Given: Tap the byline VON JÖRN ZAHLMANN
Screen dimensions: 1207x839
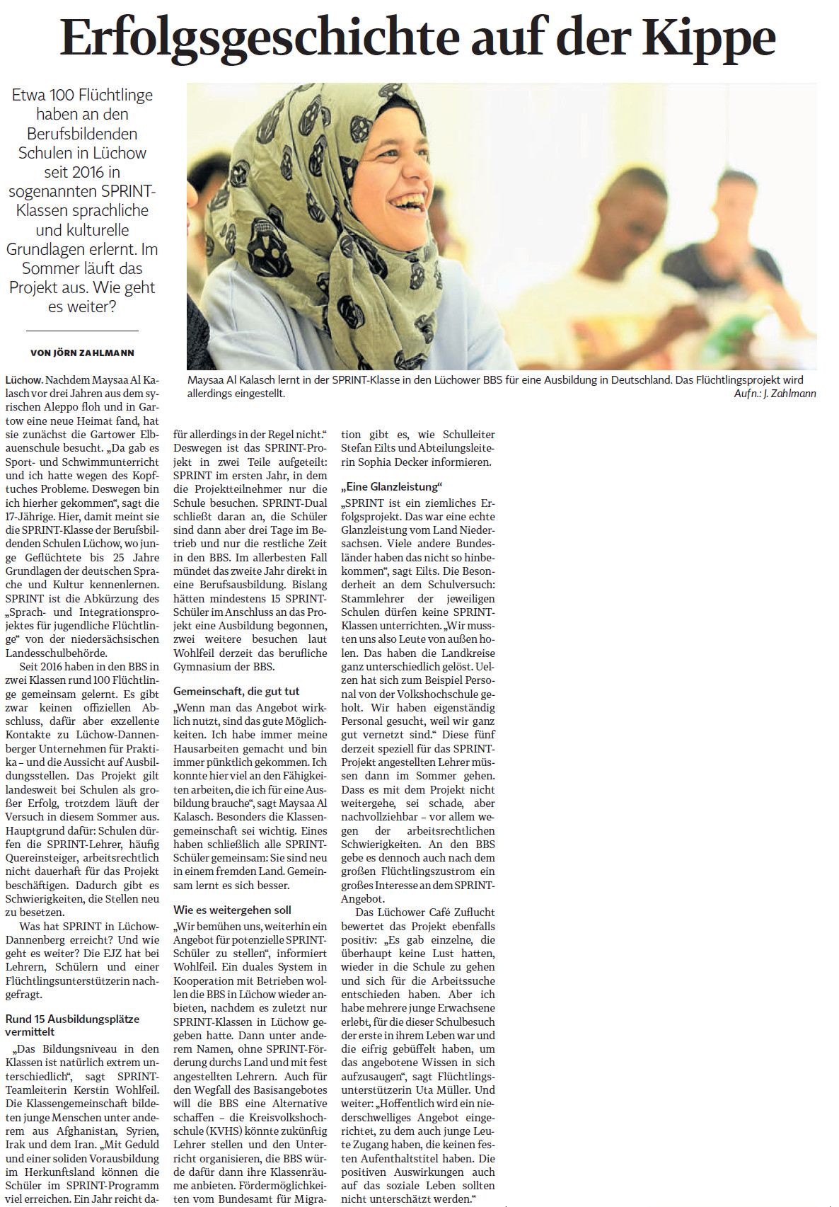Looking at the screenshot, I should coord(82,353).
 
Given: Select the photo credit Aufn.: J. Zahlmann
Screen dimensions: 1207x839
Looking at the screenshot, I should coord(775,394).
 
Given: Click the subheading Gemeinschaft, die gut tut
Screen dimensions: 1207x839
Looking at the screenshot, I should coord(236,691).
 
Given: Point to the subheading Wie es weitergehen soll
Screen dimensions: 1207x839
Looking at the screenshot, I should coord(232,910).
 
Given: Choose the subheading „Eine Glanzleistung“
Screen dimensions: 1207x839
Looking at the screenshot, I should coord(391,486).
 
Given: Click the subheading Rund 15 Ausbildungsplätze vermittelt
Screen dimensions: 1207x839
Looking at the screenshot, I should coord(72,1025).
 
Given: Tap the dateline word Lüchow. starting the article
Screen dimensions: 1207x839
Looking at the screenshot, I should coord(24,380).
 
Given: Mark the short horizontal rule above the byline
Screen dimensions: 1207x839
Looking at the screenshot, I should coord(82,331).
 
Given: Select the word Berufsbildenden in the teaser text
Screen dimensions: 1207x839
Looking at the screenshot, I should coord(82,134).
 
